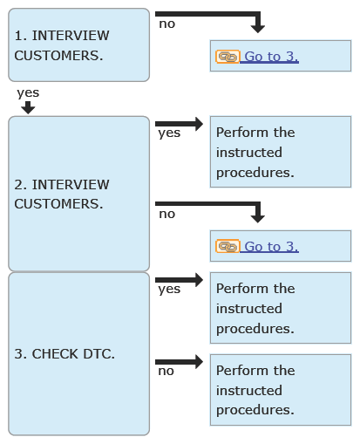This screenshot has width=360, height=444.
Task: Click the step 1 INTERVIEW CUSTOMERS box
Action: coord(78,45)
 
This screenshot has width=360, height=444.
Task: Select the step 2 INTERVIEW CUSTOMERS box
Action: coord(78,194)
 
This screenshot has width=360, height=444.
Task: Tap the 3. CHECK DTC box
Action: coord(78,353)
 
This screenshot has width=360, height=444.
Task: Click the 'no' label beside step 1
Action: coord(167,24)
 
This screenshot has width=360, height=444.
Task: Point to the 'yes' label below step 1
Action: coord(28,93)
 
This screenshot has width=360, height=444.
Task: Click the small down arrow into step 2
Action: coord(28,107)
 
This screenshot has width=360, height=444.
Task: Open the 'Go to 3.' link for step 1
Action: coord(271,57)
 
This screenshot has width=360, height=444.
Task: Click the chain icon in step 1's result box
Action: coord(228,57)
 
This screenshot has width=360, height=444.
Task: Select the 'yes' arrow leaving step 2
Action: coord(179,124)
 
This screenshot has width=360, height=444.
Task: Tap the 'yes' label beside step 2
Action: coord(169,133)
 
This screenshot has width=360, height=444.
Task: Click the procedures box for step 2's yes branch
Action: coord(281,152)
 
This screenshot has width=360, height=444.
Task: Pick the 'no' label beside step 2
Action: coord(167,215)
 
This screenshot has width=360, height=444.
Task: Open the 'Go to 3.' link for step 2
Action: coord(271,247)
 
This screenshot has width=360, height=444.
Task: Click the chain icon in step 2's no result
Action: coord(228,247)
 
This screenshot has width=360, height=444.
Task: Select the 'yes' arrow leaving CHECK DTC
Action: coord(179,280)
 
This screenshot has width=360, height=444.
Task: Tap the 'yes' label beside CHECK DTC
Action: coord(169,290)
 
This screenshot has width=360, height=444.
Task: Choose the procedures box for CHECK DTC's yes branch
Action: coord(281,308)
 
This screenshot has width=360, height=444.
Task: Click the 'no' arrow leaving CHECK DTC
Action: coord(179,362)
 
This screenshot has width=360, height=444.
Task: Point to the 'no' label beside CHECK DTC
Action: coord(166,372)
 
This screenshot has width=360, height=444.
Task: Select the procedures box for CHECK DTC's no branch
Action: coord(281,390)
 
